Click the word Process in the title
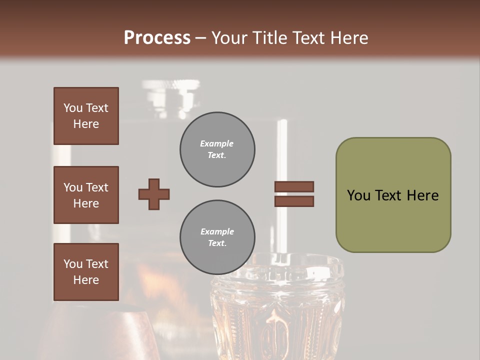(157, 38)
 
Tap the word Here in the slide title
(346, 38)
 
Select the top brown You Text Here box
(86, 116)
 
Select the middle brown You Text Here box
(86, 195)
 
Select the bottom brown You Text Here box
(86, 272)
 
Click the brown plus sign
(154, 194)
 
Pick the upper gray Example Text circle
(217, 149)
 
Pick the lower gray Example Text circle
(217, 237)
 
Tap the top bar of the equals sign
(294, 187)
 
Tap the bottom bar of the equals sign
(294, 201)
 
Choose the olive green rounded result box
(393, 195)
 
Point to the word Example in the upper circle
(216, 143)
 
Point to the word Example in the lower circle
(217, 231)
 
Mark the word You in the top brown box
(72, 108)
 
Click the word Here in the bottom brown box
(86, 280)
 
